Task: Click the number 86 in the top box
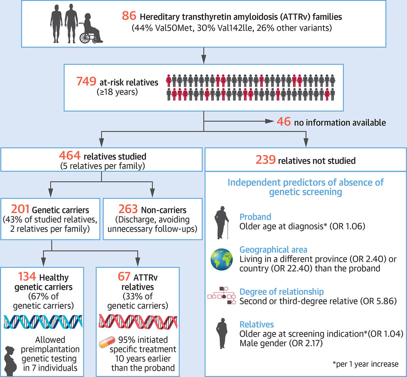coord(129,16)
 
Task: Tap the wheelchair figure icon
coord(91,28)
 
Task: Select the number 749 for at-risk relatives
coord(86,81)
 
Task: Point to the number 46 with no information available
coord(283,121)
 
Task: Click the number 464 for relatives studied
coord(69,155)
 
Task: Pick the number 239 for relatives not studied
coord(265,159)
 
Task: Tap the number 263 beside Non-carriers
coord(128,209)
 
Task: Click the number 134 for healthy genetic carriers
coord(27,276)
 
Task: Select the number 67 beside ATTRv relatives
coord(124,276)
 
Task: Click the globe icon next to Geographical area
coord(222,260)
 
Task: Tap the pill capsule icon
coord(107,342)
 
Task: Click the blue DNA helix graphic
coord(43,322)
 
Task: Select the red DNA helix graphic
coord(138,322)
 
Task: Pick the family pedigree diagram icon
coord(222,295)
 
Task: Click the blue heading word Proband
coord(255,217)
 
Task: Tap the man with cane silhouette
coord(222,223)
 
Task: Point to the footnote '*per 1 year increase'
coord(365,364)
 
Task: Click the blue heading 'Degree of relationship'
coord(282,292)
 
